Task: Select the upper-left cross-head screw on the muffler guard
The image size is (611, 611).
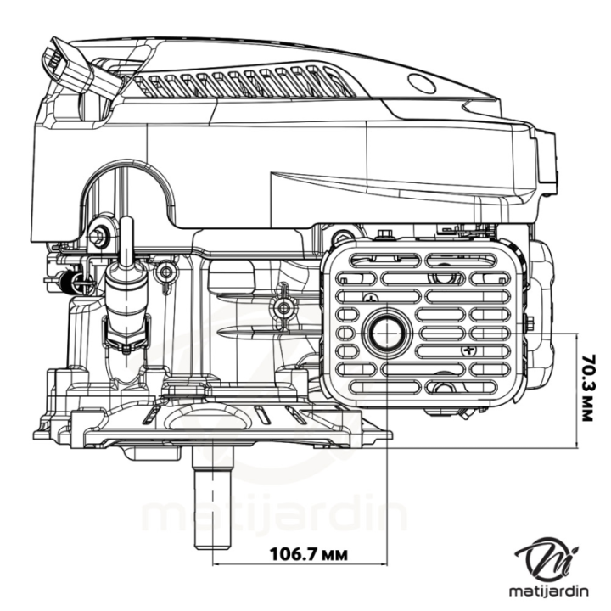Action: coord(370,298)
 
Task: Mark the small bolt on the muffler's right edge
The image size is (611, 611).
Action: coord(528,322)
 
